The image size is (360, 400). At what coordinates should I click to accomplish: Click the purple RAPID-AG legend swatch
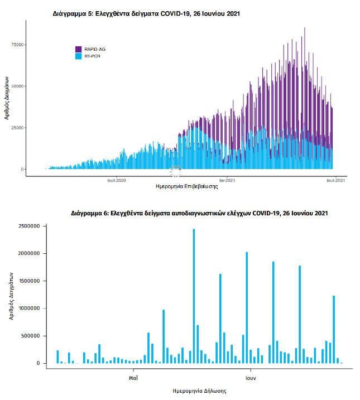pos(79,50)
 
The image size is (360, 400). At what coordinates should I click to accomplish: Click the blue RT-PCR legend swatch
pos(79,56)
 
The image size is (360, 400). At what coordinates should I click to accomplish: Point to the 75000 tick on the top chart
pos(18,45)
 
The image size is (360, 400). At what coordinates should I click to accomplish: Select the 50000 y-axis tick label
pos(18,86)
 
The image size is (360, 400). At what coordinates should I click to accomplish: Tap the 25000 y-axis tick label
pos(18,128)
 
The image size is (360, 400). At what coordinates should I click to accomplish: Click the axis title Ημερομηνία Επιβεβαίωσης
pos(187,187)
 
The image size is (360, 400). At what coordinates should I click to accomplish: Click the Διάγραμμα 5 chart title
pos(146,13)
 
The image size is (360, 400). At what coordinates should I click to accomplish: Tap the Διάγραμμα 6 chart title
pos(199,213)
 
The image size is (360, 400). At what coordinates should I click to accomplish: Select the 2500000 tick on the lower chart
pos(28,226)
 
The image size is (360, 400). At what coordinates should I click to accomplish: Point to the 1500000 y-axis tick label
pos(28,281)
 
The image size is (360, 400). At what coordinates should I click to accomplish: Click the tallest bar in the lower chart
pos(194,296)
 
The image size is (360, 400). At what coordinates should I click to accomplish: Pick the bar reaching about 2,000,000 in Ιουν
pos(247,307)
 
